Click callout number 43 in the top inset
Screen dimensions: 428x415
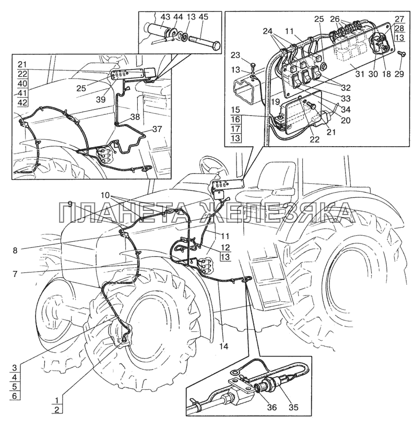[165, 17]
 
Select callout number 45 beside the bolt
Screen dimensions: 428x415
[203, 17]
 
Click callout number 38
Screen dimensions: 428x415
[135, 117]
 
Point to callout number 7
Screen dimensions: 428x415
[15, 273]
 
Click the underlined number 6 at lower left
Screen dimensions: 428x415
[15, 396]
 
